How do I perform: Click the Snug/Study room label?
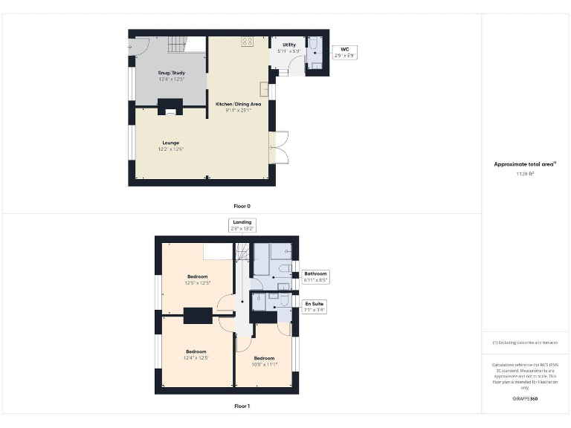tap(170, 75)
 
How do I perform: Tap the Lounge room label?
tap(170, 146)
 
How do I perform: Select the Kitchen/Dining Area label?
tap(238, 107)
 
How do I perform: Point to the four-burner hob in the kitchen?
tap(247, 42)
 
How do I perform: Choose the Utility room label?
tap(289, 48)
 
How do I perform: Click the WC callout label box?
tap(344, 52)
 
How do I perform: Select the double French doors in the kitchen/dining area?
tap(278, 147)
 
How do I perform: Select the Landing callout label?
tap(242, 225)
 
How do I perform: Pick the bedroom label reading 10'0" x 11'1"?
tap(264, 361)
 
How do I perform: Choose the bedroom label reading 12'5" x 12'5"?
tap(197, 279)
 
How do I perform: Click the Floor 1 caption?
tap(242, 406)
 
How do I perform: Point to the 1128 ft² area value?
tap(526, 173)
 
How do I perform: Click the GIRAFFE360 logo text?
tap(525, 400)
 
